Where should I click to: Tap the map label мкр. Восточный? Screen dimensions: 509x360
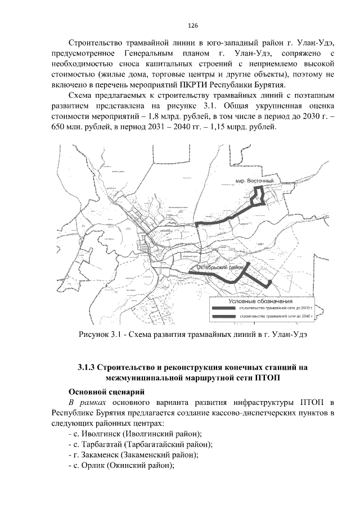coord(255,181)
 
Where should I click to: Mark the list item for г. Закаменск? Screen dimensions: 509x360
coord(133,454)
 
